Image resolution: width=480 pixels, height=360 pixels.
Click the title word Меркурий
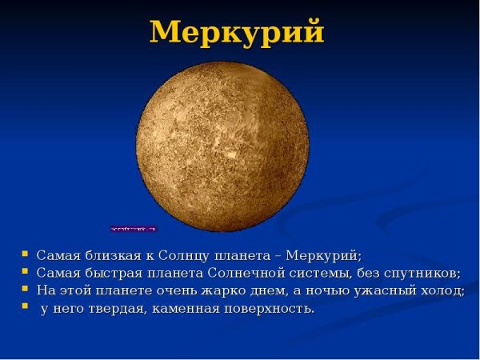click(x=238, y=32)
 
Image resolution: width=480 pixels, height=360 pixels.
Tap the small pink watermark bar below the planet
click(x=134, y=229)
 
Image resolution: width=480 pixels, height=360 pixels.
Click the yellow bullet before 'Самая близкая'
click(x=25, y=255)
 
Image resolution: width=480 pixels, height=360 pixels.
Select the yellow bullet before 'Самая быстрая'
click(x=25, y=272)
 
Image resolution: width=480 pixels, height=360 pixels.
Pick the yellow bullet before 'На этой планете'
click(x=25, y=289)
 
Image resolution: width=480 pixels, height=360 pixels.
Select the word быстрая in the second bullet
click(x=108, y=273)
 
